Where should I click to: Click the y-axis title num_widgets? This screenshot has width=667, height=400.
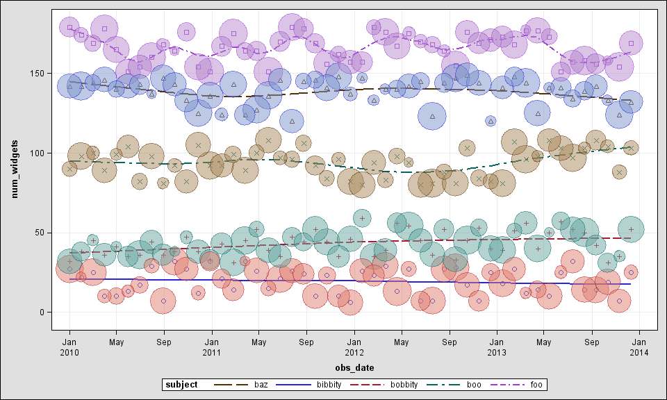[15, 168]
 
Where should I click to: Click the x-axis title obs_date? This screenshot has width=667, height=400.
[354, 367]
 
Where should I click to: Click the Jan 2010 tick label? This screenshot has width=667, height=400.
[69, 347]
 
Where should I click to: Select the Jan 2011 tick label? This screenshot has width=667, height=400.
[212, 347]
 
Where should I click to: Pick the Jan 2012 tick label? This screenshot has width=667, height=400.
[354, 347]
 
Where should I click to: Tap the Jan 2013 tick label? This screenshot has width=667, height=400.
[497, 347]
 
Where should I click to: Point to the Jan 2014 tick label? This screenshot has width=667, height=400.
[639, 347]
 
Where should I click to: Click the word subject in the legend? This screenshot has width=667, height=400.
[184, 384]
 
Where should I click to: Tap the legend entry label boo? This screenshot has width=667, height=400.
[474, 384]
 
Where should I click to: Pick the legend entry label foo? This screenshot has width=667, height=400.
[536, 384]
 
